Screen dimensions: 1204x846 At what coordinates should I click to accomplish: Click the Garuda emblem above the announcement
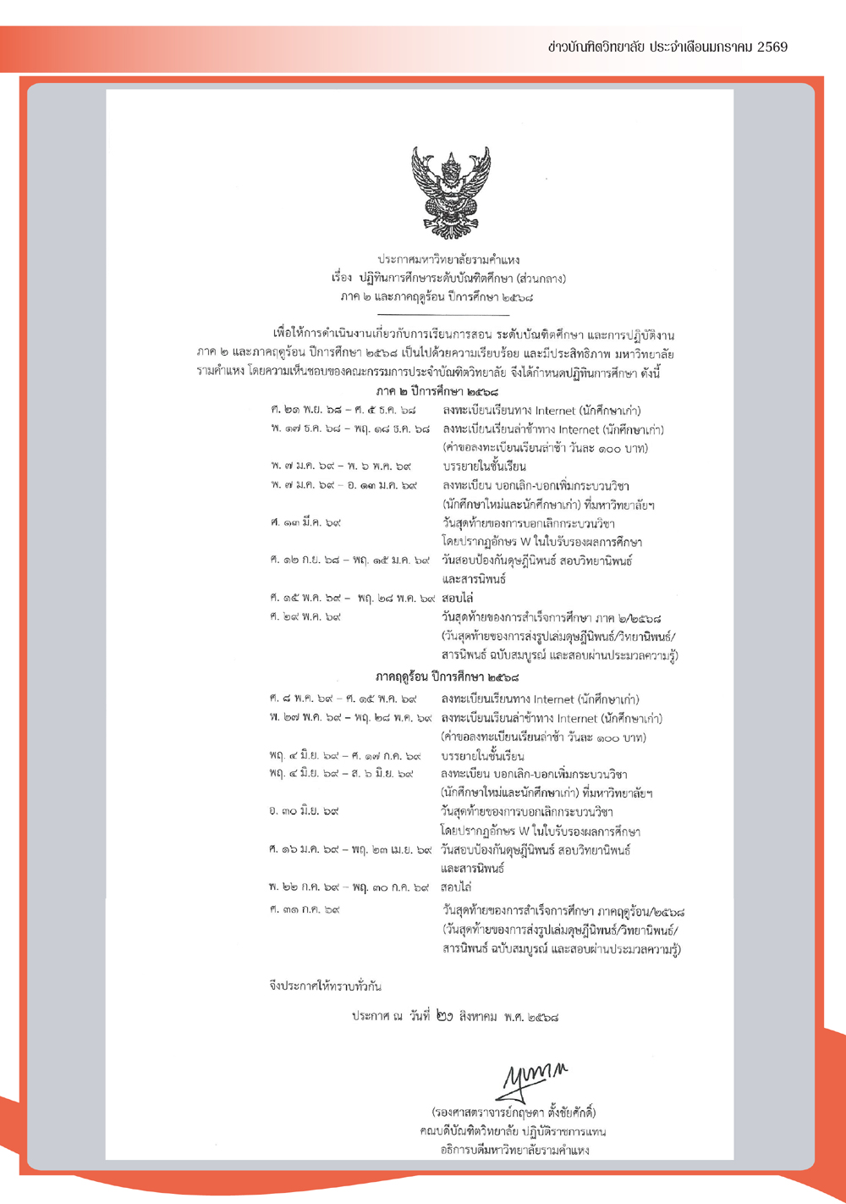450,192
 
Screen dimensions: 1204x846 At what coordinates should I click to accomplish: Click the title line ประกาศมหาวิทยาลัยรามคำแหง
448,259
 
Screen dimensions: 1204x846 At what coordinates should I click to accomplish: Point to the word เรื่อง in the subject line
342,278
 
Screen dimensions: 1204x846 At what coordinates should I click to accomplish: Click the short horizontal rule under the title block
448,315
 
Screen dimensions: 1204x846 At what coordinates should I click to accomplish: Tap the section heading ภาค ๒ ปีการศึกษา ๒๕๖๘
437,392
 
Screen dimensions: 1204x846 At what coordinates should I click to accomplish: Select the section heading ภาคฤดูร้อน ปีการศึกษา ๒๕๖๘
448,677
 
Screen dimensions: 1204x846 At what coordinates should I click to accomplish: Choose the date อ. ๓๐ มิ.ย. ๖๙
304,811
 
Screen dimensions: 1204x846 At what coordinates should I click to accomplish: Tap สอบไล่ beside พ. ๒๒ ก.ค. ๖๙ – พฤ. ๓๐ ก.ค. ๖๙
456,887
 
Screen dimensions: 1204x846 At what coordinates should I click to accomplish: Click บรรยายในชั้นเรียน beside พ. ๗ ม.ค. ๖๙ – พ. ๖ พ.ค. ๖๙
484,467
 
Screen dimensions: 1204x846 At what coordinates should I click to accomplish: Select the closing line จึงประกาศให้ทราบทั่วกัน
325,986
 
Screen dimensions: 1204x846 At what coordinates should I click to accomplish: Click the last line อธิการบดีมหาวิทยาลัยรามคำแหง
514,1150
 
